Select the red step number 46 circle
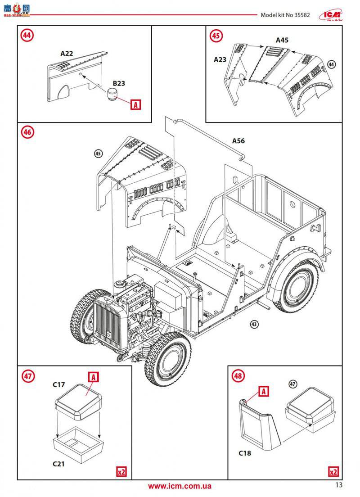click(x=28, y=132)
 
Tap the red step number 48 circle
click(x=238, y=375)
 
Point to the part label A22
click(x=67, y=53)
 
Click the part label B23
click(x=119, y=83)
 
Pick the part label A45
click(x=282, y=40)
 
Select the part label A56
click(x=238, y=141)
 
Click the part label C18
click(x=245, y=453)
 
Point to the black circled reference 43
click(x=254, y=324)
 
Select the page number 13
click(x=338, y=485)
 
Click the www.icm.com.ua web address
click(x=180, y=486)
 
